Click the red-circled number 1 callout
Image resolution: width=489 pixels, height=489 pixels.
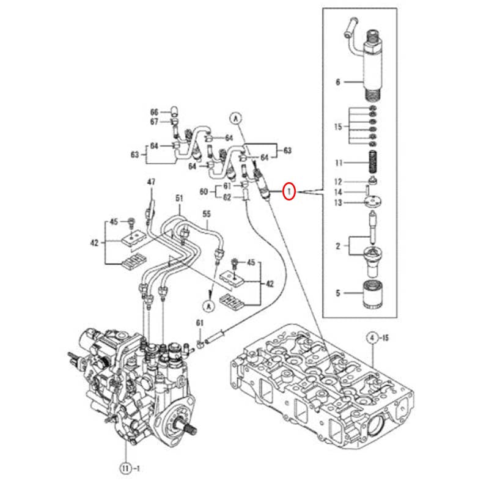pyautogui.click(x=289, y=192)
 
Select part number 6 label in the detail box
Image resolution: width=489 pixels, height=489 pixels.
pyautogui.click(x=337, y=81)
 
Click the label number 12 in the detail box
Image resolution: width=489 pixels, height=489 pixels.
pyautogui.click(x=337, y=182)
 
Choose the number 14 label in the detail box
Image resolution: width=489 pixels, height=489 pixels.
pyautogui.click(x=337, y=193)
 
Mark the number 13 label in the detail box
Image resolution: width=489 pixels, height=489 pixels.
pyautogui.click(x=337, y=203)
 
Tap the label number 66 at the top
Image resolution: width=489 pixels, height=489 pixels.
pyautogui.click(x=154, y=112)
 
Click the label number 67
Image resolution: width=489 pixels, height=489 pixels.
pyautogui.click(x=154, y=122)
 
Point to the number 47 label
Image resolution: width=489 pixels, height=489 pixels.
pyautogui.click(x=151, y=182)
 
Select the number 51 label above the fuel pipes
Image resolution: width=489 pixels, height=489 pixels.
pyautogui.click(x=179, y=198)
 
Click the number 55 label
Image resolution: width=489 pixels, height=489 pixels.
pyautogui.click(x=207, y=214)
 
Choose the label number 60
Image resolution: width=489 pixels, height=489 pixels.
pyautogui.click(x=204, y=191)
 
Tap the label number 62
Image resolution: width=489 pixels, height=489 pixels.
pyautogui.click(x=227, y=197)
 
